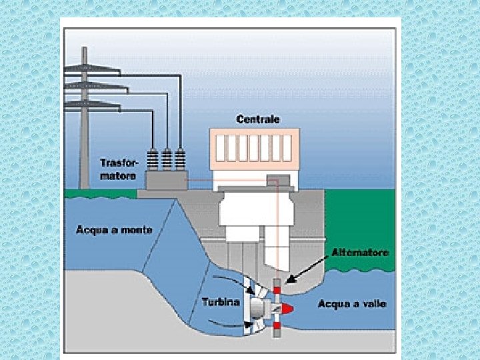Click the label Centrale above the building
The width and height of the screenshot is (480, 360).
[258, 120]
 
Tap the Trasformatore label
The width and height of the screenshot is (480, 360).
[118, 169]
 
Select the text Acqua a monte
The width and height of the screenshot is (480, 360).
[114, 230]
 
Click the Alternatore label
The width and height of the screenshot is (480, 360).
[360, 253]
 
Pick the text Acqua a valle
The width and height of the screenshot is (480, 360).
[352, 304]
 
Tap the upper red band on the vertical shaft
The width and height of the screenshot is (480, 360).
[276, 291]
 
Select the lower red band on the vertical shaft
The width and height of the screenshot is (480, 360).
[276, 325]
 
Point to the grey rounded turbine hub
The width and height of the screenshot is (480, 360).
[257, 308]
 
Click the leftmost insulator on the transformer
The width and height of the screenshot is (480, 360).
[153, 160]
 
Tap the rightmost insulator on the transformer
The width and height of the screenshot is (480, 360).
[180, 160]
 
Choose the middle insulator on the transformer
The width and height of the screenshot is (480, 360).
[167, 160]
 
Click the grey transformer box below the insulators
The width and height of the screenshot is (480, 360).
[167, 181]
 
